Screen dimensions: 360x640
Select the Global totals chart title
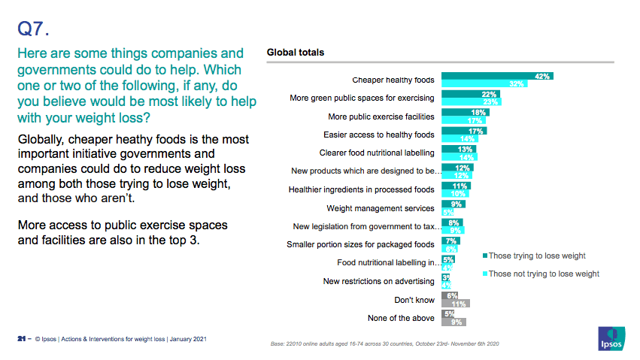296,53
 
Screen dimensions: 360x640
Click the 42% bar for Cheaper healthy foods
497,76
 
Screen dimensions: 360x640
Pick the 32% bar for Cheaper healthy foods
484,83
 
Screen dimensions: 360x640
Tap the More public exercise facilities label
381,116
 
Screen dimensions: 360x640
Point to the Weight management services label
381,208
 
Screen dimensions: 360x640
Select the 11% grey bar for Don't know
455,304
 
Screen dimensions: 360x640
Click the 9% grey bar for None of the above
453,322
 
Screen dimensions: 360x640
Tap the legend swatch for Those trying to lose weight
484,256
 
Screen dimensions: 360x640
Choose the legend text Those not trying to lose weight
544,274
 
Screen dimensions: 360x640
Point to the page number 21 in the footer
22,339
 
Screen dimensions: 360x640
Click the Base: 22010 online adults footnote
384,343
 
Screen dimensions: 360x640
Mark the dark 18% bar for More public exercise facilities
466,112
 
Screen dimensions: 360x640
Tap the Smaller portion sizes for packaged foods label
360,244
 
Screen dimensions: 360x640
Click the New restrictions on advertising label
378,281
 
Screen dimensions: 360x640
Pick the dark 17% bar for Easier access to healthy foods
464,131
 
